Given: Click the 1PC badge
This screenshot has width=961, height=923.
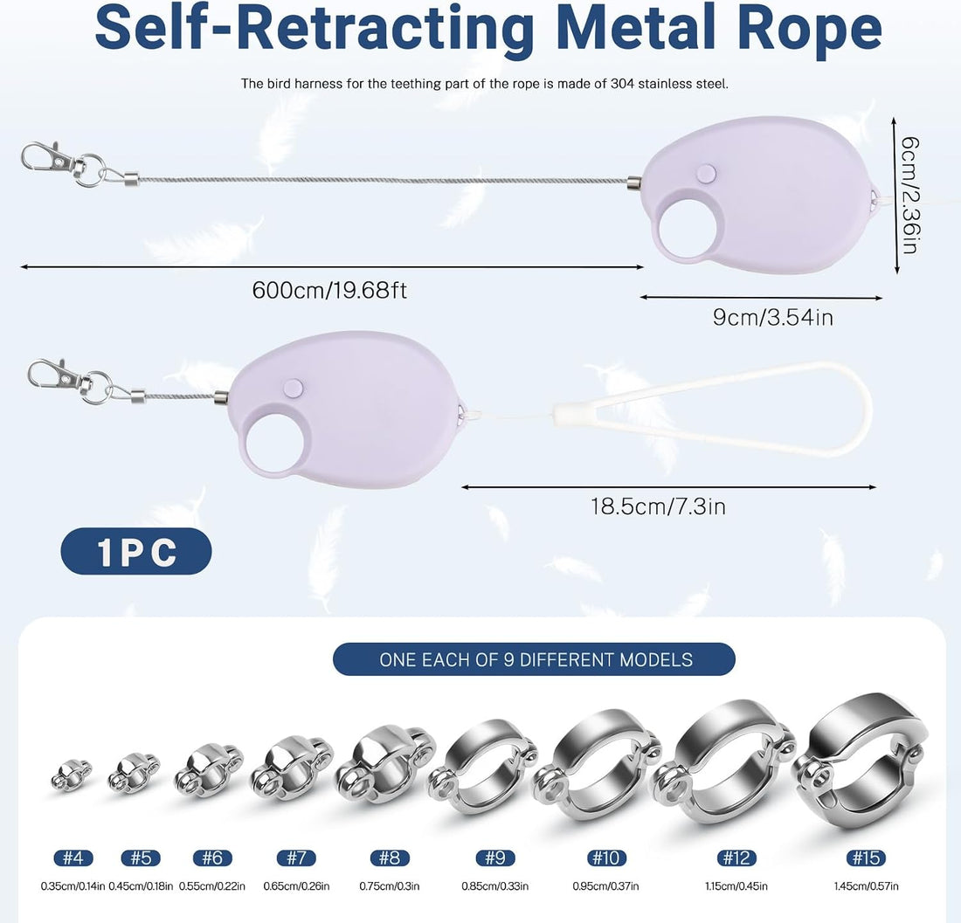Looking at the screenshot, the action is [136, 551].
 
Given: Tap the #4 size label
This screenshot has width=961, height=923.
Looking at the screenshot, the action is [73, 858].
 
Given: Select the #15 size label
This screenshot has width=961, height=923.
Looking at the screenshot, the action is [866, 858].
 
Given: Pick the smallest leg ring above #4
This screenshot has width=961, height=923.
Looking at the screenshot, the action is [71, 775].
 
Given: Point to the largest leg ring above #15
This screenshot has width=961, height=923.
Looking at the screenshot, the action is [861, 762].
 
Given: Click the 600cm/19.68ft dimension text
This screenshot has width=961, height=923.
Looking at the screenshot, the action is [329, 290].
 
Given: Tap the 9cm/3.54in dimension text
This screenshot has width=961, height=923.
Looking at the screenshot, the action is [772, 317].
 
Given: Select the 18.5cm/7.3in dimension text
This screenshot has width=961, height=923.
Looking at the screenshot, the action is [658, 506].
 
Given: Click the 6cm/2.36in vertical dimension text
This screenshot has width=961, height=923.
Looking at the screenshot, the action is [909, 195].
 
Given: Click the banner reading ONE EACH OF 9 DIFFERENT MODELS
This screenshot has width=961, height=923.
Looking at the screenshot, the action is [534, 659].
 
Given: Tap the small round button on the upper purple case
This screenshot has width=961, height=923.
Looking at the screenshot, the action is [708, 173].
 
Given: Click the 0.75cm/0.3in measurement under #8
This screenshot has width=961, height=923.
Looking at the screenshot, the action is [389, 885].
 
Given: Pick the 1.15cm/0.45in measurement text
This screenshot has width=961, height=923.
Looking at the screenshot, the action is [736, 885].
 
